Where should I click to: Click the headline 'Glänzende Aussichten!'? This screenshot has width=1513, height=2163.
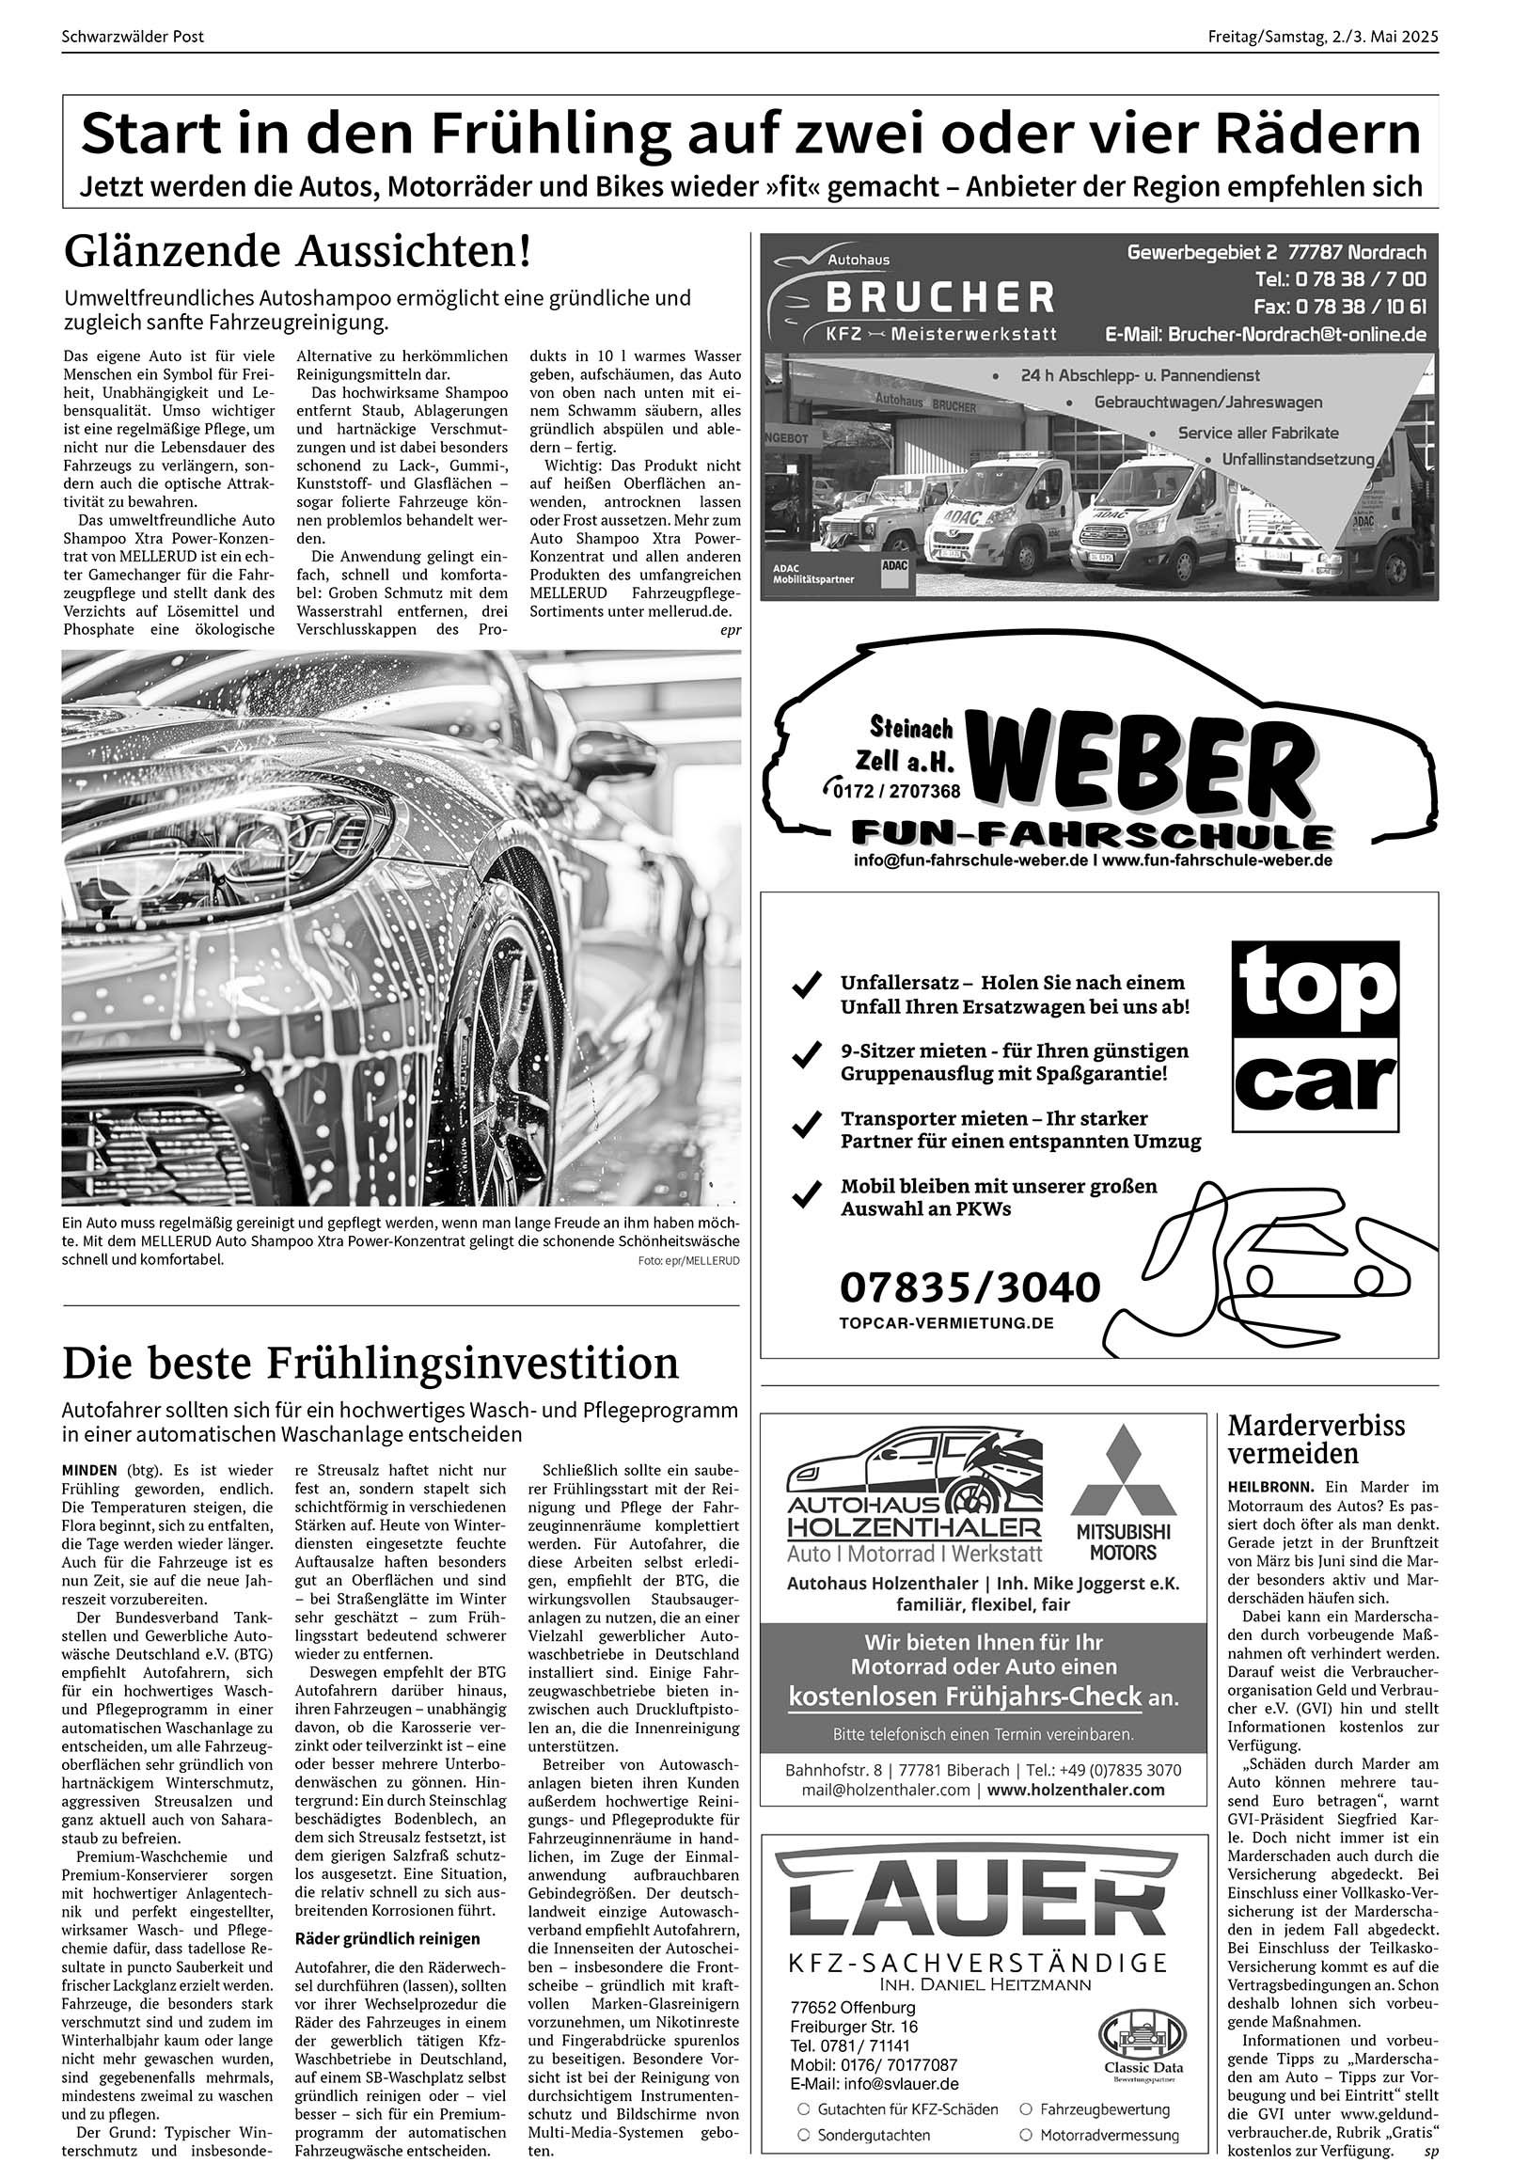[298, 252]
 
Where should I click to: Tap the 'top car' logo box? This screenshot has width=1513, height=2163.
[1316, 1036]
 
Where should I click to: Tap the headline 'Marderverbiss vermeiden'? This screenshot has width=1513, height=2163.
[1316, 1439]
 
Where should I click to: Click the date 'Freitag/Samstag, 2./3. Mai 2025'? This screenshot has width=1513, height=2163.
[1323, 38]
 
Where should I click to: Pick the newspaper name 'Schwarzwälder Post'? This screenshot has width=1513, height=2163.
[132, 38]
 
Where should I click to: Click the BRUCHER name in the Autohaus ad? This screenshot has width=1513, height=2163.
[939, 298]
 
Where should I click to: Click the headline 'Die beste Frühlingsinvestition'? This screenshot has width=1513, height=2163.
[370, 1364]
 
